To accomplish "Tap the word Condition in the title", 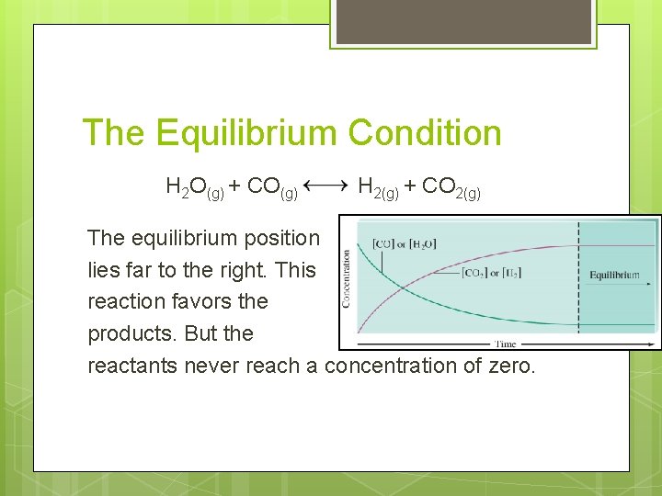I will point(425,133).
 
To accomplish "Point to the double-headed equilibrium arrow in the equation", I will point(325,186).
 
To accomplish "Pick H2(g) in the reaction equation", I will point(378,188).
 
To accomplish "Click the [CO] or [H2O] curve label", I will point(404,243).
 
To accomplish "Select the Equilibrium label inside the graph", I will point(615,275).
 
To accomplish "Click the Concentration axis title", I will point(347,278).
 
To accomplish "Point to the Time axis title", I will point(506,344).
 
